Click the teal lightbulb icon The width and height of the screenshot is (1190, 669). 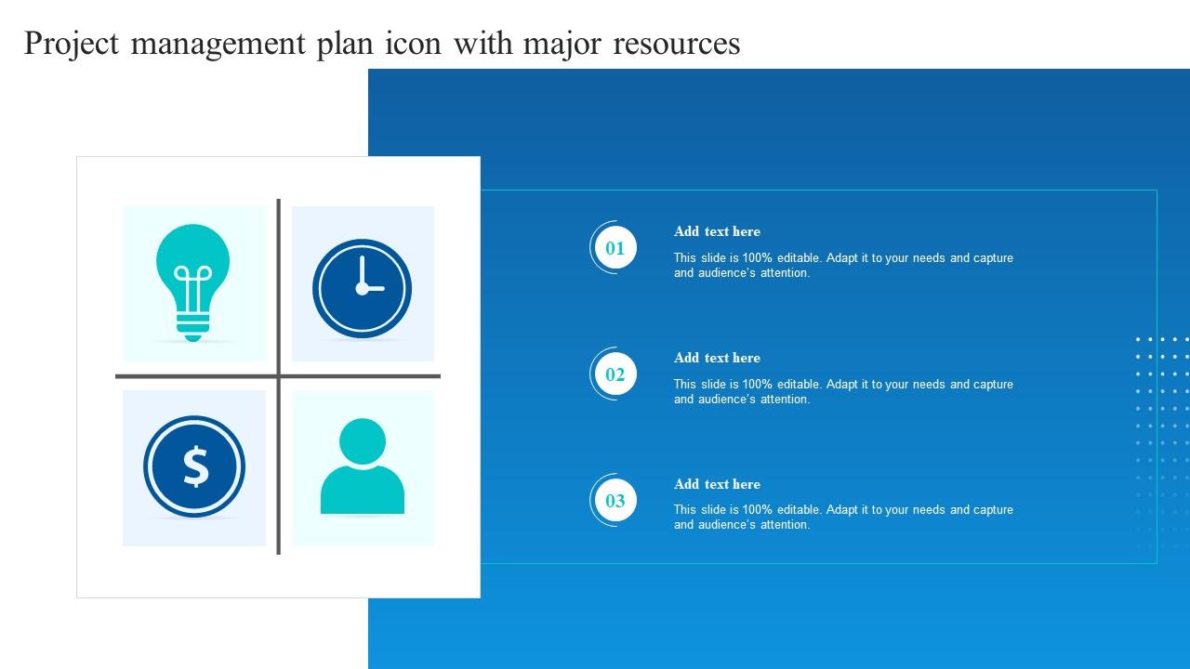coord(192,282)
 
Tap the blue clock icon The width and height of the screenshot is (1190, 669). coord(362,288)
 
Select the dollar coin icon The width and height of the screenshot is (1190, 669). coord(194,466)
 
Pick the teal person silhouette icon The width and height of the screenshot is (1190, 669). coord(363,466)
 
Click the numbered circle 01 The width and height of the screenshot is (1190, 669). coord(615,248)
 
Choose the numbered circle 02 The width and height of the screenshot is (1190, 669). coord(615,374)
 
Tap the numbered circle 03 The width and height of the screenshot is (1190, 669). coord(615,501)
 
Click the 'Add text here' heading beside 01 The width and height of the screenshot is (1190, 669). coord(717,231)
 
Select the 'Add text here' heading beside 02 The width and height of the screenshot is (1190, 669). coord(717,358)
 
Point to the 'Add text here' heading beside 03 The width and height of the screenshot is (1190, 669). coord(717,484)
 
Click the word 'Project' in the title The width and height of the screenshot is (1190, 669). coord(72,44)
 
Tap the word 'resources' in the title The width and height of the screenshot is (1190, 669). coord(676,44)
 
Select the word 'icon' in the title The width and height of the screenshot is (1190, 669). coord(414,43)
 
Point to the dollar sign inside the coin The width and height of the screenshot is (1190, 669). coord(195,466)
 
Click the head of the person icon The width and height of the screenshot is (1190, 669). coord(363,441)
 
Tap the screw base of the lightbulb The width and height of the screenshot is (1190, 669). coord(192,326)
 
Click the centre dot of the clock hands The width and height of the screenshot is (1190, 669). coord(362,289)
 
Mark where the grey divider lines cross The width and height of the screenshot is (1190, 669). coord(278,376)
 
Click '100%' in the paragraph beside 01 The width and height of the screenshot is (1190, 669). coord(757,258)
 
